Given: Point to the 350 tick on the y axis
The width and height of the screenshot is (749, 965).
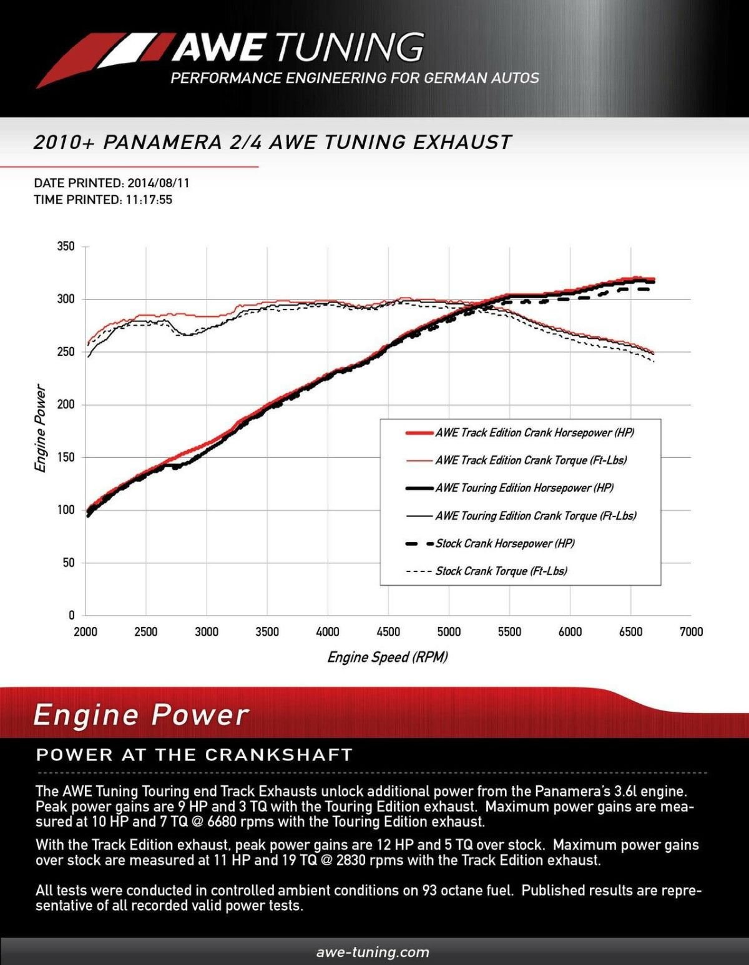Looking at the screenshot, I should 66,246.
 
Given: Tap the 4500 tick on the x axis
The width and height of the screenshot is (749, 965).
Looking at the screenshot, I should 388,632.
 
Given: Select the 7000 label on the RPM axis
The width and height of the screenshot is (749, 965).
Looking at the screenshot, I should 691,632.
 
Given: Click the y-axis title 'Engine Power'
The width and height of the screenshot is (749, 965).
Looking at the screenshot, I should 40,429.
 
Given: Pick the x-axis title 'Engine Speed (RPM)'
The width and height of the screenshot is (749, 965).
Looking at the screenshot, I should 388,657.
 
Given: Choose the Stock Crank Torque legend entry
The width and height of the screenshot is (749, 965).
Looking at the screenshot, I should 501,571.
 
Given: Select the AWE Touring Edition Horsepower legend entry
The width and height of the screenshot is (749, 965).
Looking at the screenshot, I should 524,488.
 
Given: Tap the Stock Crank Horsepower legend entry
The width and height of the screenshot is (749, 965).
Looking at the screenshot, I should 505,543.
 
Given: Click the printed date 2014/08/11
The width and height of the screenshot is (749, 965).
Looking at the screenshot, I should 159,183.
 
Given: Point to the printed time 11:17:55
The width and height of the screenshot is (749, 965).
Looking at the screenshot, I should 148,200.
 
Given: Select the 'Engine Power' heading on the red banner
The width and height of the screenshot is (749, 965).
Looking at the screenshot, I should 141,715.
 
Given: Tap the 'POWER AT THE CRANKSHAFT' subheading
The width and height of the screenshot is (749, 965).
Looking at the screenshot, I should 194,755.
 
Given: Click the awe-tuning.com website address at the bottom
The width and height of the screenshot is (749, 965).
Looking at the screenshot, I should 373,952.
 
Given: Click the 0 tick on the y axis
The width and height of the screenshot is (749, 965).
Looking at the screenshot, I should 71,616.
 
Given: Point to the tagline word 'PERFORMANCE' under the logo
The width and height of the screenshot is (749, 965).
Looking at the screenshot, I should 226,79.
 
